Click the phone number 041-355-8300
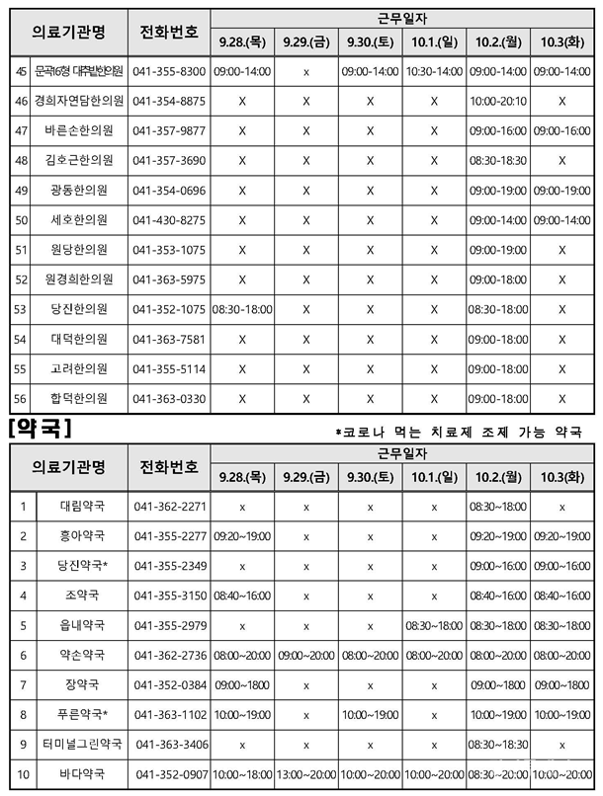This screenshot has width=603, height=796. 169,72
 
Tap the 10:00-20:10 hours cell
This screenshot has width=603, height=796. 499,102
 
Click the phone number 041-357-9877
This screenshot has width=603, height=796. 169,131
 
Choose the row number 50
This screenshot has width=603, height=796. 22,220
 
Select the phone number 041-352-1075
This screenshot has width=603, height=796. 169,309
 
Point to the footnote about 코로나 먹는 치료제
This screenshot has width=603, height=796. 459,432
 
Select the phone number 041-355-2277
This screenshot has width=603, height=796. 170,536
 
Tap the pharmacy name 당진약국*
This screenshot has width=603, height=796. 83,566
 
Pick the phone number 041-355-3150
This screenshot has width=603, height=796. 170,596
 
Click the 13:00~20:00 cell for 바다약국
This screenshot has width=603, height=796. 305,774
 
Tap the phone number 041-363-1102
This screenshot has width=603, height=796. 170,714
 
